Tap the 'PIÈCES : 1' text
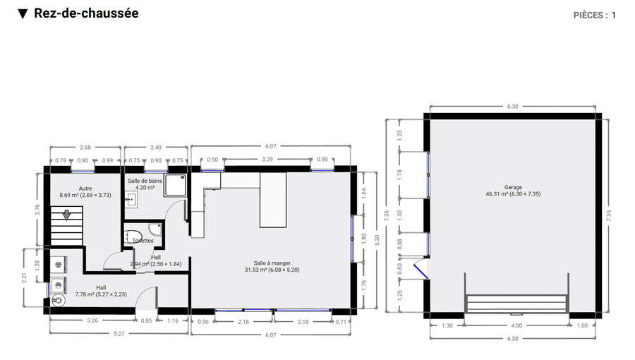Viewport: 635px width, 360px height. (x=595, y=15)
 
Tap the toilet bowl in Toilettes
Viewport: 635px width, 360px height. (x=134, y=236)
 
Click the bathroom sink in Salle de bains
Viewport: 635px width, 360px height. (x=131, y=200)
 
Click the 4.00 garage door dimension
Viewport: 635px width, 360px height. (x=516, y=325)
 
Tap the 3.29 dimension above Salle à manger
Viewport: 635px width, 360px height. (x=267, y=160)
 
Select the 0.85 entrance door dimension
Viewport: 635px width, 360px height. (x=146, y=321)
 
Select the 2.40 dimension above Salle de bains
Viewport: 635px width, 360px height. (x=157, y=148)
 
